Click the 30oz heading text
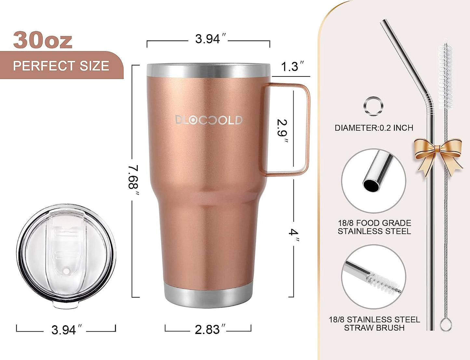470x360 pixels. (43, 40)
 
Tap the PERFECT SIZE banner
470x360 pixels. (61, 66)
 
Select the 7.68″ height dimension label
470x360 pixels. (133, 177)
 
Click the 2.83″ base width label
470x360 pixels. (208, 329)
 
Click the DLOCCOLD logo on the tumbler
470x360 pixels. (209, 120)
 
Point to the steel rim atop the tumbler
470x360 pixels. (208, 70)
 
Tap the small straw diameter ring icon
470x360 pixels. (373, 106)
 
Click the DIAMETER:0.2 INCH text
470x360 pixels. (374, 128)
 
